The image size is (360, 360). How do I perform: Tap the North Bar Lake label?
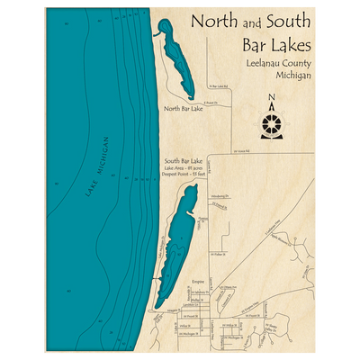pos(184,108)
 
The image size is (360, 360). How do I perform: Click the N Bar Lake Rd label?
pos(220,87)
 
